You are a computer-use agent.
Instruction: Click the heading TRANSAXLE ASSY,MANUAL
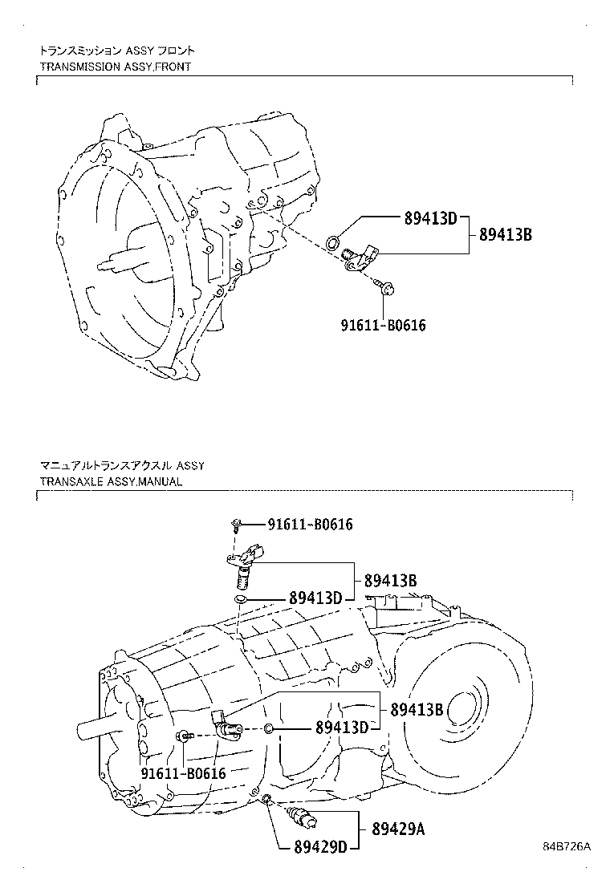(x=111, y=481)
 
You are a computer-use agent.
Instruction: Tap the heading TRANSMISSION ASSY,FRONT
(x=116, y=67)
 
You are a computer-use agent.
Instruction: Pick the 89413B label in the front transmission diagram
(x=506, y=235)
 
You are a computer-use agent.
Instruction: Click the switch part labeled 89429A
(x=303, y=819)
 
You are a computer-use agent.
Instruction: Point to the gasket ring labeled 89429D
(x=266, y=798)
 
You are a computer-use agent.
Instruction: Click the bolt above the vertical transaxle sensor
(x=237, y=525)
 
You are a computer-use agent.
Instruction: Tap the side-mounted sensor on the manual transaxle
(x=226, y=724)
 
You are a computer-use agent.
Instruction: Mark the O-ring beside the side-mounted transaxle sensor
(x=270, y=728)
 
